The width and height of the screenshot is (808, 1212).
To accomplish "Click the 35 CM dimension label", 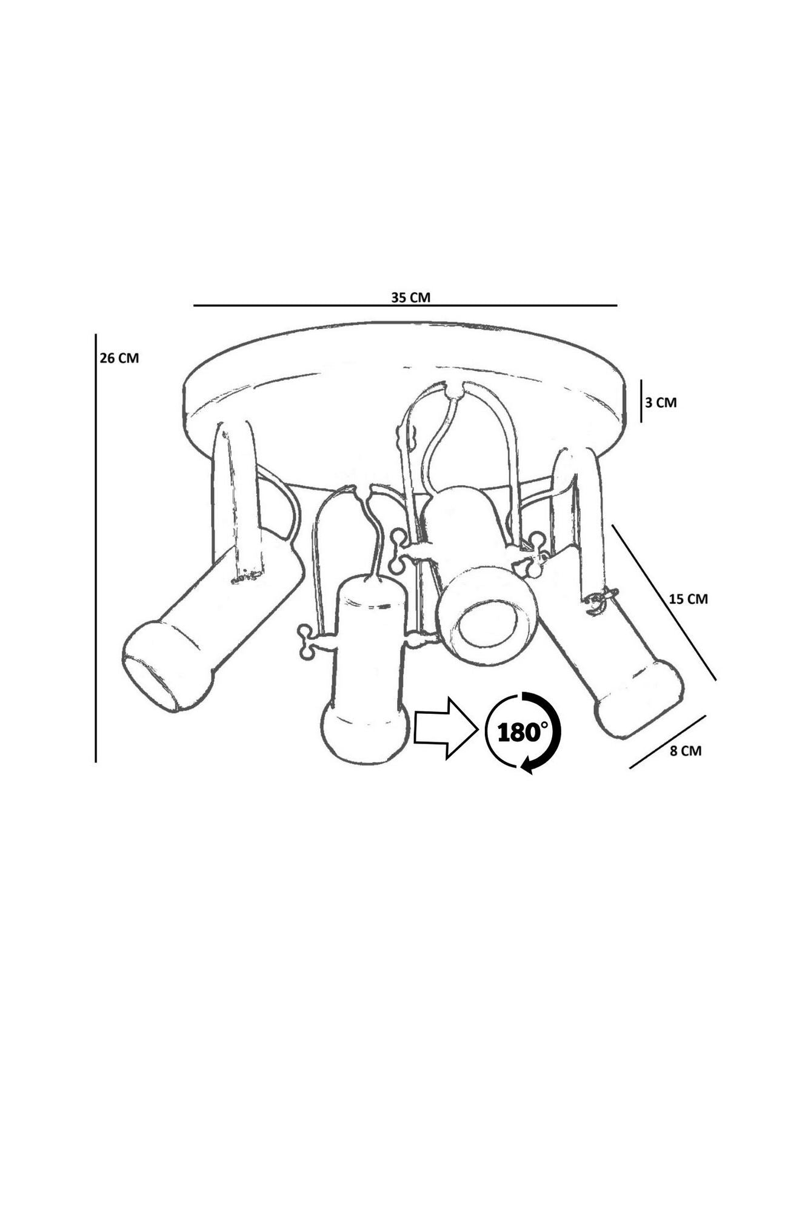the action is (x=410, y=298).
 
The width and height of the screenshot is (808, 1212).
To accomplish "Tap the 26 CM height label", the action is (x=119, y=358).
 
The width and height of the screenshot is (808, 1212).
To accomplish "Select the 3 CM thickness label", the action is (x=661, y=402).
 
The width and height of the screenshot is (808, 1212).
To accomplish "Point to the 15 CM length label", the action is (x=689, y=599).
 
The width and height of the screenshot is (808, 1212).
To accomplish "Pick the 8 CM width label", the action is (x=686, y=750).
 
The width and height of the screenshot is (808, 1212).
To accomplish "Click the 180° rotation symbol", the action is (x=523, y=733).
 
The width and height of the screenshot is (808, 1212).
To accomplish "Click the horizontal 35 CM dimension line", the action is (x=405, y=305).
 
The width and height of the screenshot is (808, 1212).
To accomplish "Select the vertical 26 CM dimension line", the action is (x=96, y=547).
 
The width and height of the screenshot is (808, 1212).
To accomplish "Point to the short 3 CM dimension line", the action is (x=641, y=401).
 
